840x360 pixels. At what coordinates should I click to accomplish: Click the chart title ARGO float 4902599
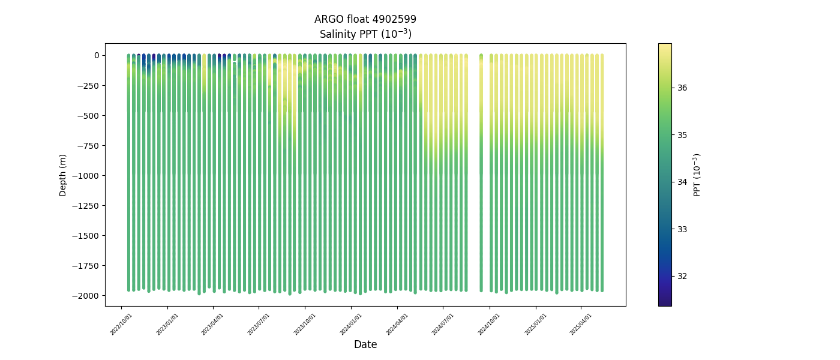(365, 19)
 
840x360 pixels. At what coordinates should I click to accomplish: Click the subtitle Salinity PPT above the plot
(365, 34)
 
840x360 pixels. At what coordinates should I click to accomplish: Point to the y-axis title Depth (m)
(63, 175)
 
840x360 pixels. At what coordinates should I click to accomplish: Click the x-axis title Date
(365, 344)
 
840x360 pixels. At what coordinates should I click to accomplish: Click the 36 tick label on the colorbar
(682, 88)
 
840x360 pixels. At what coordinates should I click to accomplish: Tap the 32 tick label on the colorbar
(682, 276)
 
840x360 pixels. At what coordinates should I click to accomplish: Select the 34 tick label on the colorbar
(682, 182)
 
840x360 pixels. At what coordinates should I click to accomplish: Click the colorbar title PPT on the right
(697, 175)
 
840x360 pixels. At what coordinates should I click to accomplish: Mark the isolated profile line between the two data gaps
(481, 180)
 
